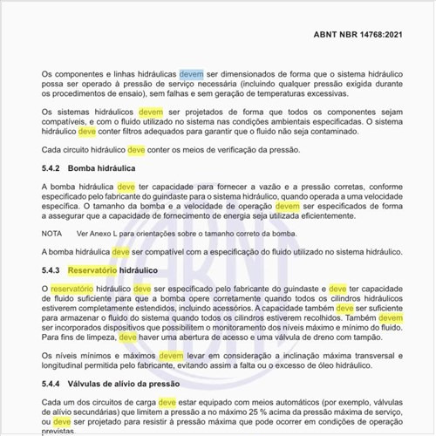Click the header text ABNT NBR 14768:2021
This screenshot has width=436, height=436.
(x=367, y=37)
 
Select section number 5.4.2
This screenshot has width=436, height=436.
(x=53, y=167)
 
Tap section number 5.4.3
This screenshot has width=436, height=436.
(x=53, y=271)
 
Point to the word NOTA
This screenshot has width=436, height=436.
(x=52, y=234)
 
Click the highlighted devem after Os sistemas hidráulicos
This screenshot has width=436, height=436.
(x=151, y=112)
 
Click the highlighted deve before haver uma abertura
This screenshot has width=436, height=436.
(x=128, y=336)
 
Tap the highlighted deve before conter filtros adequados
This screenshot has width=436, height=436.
(x=87, y=133)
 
